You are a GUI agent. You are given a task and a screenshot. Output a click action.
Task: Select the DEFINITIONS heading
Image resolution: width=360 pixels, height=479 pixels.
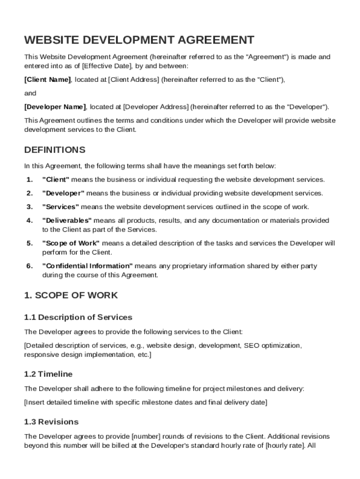(x=55, y=150)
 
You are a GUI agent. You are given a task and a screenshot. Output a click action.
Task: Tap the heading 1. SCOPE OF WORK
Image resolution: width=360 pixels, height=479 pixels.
(x=71, y=296)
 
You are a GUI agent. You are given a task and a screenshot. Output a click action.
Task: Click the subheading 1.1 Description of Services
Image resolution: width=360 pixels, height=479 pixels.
(x=78, y=318)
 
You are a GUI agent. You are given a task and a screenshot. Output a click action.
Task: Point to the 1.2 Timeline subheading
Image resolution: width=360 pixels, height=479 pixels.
(x=48, y=374)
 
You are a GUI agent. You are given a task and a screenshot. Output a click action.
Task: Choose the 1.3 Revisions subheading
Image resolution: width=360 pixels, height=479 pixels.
(x=51, y=422)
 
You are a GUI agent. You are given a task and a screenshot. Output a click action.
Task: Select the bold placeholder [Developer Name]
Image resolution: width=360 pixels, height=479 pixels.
(x=55, y=107)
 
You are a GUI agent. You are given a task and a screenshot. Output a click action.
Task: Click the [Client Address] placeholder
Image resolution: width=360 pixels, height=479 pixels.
(x=134, y=80)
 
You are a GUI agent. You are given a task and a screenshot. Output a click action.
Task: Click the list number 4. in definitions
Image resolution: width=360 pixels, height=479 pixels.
(x=29, y=220)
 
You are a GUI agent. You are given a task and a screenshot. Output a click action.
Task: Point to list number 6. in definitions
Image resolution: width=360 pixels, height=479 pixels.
(x=29, y=266)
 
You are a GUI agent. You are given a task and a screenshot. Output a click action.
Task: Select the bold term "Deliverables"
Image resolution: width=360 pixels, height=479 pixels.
(x=67, y=220)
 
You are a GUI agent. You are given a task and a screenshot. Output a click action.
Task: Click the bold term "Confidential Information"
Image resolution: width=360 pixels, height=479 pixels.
(x=87, y=266)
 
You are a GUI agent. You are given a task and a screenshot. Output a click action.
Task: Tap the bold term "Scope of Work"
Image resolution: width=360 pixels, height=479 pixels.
(x=71, y=243)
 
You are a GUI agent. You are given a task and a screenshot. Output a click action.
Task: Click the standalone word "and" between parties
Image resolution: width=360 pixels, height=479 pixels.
(x=30, y=93)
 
